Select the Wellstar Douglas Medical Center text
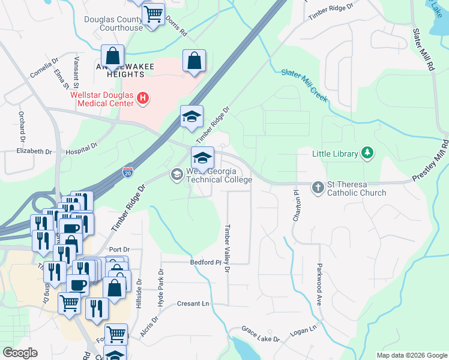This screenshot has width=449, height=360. pyautogui.click(x=102, y=98)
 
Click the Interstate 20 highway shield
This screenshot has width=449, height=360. pyautogui.click(x=128, y=172)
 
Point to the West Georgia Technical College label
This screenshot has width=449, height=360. pyautogui.click(x=219, y=175)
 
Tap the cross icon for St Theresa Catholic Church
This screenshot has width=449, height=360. pyautogui.click(x=318, y=188)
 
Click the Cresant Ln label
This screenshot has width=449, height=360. pyautogui.click(x=193, y=304)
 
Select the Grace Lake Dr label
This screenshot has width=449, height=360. pyautogui.click(x=261, y=334)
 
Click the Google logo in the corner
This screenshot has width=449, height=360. pyautogui.click(x=20, y=353)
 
